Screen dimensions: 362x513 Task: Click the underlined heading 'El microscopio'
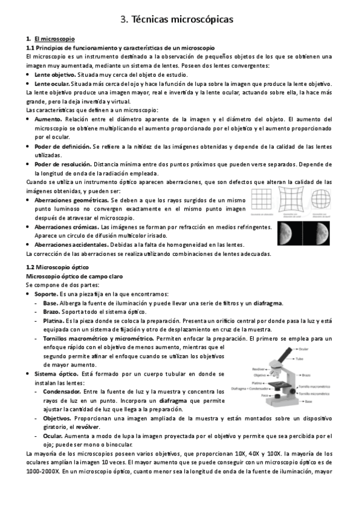[x=55, y=38]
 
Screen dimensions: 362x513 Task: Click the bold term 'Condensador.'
[x=63, y=391]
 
